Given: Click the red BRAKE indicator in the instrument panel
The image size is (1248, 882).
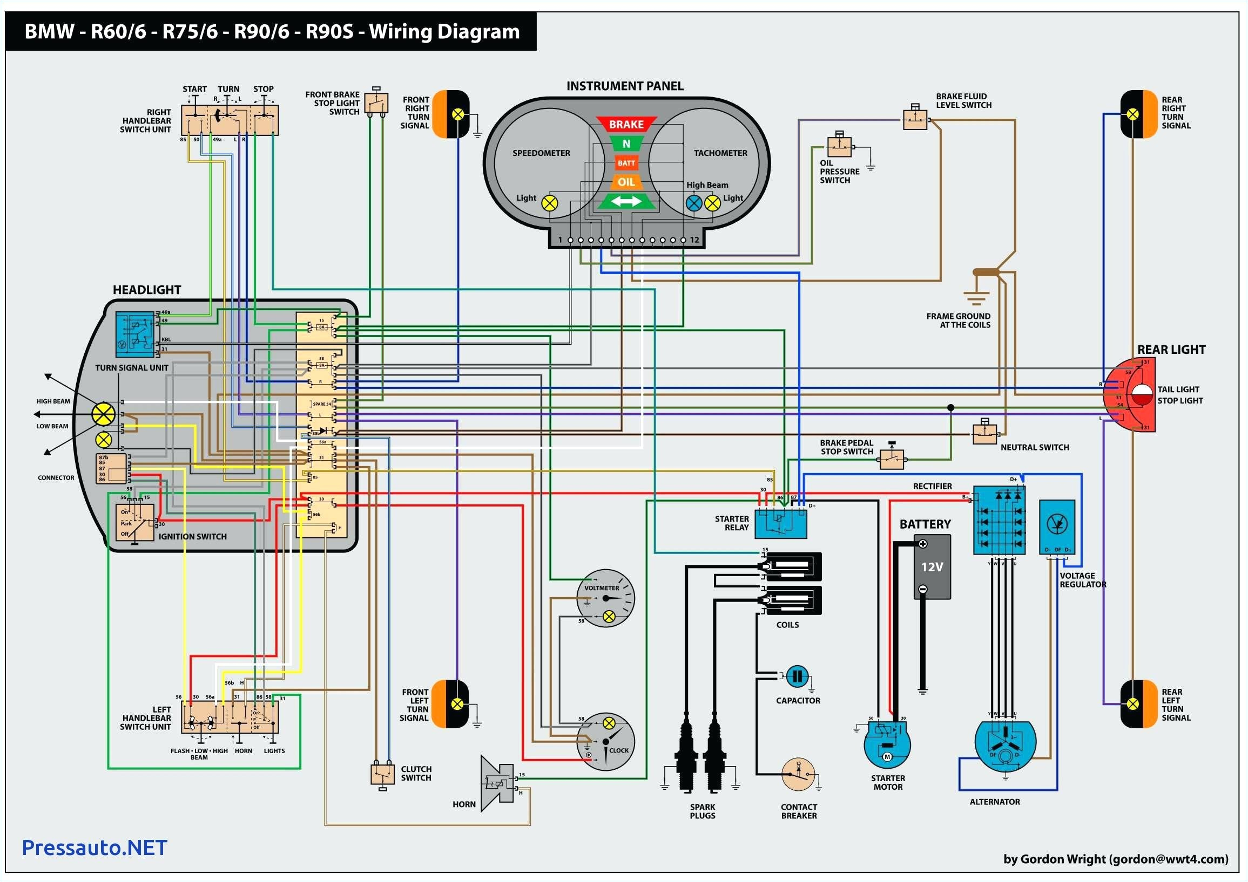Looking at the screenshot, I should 626,125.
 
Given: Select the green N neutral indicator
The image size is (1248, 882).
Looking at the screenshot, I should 626,144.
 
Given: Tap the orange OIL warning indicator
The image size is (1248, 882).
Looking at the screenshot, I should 626,182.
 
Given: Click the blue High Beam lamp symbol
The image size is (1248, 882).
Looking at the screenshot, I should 694,203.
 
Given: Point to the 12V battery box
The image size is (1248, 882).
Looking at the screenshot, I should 932,566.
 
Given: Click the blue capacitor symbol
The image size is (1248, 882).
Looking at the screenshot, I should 798,676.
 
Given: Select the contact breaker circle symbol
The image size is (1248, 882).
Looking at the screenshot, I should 799,774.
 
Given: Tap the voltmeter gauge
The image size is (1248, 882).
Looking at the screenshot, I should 605,598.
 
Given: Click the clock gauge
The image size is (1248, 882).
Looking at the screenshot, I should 605,741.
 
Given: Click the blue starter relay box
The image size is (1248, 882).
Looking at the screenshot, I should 780,523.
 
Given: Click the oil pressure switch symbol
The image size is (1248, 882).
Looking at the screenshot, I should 840,146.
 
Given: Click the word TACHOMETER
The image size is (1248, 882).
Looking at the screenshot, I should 720,153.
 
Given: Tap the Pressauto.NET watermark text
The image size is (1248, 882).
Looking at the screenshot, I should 95,847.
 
